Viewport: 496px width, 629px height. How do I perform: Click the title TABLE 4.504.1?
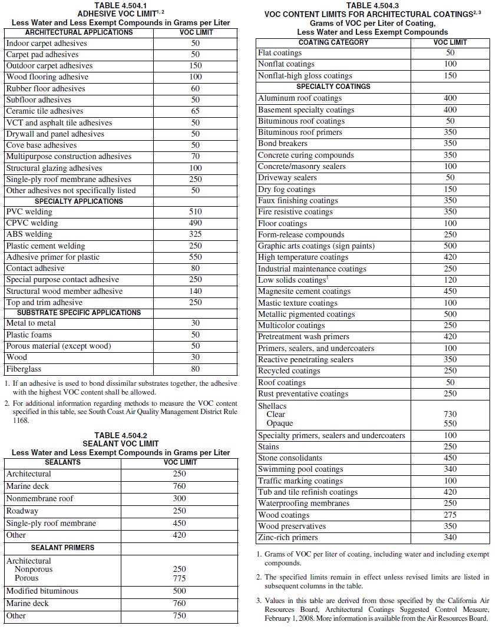pyautogui.click(x=121, y=5)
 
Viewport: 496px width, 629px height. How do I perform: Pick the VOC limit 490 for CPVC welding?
pyautogui.click(x=196, y=223)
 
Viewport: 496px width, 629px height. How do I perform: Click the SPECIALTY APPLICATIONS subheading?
pyautogui.click(x=78, y=201)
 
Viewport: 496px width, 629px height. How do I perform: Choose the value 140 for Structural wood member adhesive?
pyautogui.click(x=196, y=291)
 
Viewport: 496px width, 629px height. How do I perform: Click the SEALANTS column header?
pyautogui.click(x=62, y=462)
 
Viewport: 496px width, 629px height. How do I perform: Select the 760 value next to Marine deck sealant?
pyautogui.click(x=179, y=486)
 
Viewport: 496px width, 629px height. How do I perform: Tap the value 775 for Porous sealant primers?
pyautogui.click(x=179, y=578)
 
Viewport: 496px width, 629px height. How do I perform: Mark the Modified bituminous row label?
pyautogui.click(x=42, y=591)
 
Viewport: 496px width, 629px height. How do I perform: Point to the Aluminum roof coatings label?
pyautogui.click(x=299, y=98)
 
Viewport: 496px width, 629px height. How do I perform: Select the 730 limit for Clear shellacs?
pyautogui.click(x=450, y=415)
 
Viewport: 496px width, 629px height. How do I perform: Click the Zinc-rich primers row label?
pyautogui.click(x=287, y=538)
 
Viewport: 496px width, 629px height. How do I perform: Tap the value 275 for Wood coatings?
pyautogui.click(x=450, y=515)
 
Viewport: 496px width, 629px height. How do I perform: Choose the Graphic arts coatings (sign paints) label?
pyautogui.click(x=316, y=246)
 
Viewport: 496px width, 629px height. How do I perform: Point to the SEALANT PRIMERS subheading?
pyautogui.click(x=62, y=548)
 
